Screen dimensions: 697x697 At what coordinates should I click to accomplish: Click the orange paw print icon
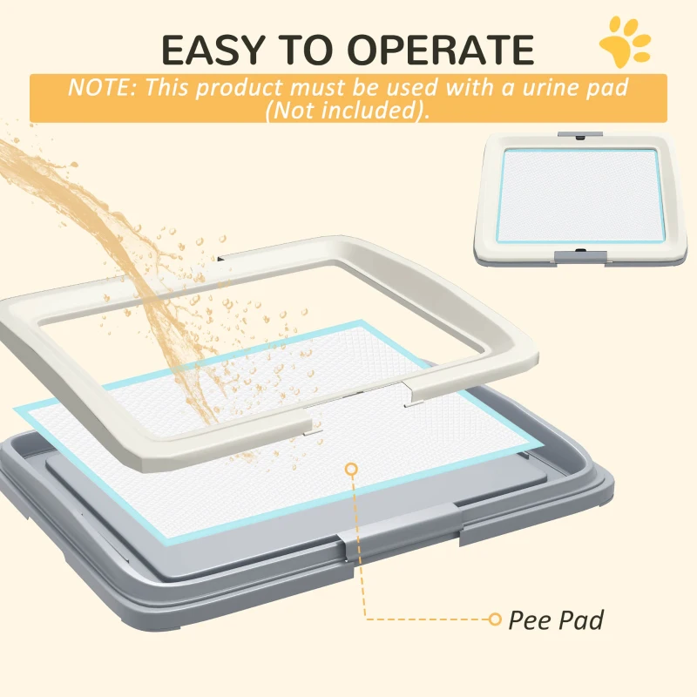tap(625, 41)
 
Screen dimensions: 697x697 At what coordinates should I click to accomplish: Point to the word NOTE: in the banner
tap(104, 87)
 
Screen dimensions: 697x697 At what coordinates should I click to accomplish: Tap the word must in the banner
tap(310, 87)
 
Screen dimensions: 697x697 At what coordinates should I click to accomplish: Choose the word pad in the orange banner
tap(607, 87)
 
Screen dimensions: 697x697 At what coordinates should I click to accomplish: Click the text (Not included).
tap(348, 110)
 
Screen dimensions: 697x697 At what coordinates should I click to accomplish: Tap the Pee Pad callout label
tap(556, 619)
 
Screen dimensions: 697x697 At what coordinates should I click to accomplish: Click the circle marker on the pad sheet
tap(351, 470)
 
